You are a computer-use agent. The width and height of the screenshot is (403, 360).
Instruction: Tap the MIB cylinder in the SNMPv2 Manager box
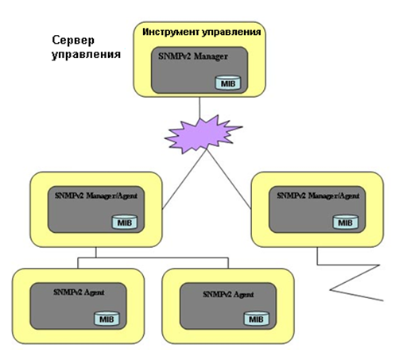(x=228, y=83)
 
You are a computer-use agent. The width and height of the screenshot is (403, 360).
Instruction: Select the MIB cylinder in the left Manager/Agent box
(x=125, y=222)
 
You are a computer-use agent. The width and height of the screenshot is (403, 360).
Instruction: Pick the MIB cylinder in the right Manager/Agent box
(x=346, y=222)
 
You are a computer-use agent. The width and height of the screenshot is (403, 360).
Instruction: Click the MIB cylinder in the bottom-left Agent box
(x=107, y=319)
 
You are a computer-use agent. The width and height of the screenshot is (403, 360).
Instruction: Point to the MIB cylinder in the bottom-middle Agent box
(x=256, y=319)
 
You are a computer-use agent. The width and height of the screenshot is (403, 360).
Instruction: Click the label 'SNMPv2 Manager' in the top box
(x=193, y=56)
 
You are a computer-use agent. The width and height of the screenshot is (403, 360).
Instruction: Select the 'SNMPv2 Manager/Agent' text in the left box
(x=96, y=195)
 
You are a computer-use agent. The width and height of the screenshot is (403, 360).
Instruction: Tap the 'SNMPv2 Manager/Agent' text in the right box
(x=318, y=195)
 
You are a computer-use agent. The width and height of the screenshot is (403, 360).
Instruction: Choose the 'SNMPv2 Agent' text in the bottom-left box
(x=79, y=292)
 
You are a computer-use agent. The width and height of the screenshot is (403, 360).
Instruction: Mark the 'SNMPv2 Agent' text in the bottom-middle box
(x=228, y=294)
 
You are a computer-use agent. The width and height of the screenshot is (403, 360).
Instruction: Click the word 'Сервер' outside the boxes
(x=73, y=41)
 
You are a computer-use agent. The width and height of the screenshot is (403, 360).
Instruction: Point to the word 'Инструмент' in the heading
(x=171, y=32)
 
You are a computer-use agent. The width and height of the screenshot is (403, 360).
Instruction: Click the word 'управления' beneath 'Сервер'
(x=86, y=55)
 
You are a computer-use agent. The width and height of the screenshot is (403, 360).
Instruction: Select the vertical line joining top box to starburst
(x=200, y=107)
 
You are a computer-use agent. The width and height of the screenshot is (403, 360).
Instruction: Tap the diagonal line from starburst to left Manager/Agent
(x=184, y=179)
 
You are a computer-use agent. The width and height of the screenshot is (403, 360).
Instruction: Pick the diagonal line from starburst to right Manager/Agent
(x=229, y=179)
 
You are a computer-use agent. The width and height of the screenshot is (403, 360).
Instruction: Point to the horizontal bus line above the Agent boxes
(x=153, y=257)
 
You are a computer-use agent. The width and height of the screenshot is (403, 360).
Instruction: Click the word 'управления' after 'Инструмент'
(x=231, y=33)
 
